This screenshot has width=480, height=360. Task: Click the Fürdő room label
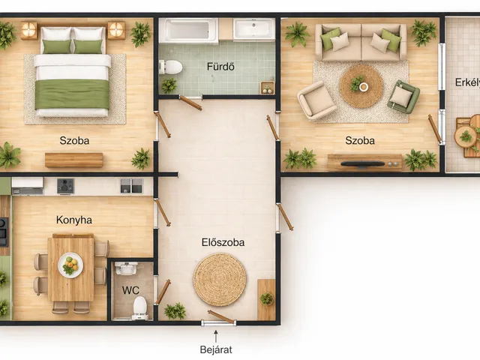pos(220,67)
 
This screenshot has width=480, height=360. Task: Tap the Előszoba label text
pos(223,242)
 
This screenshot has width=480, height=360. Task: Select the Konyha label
pos(74,220)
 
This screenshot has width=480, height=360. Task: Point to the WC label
pos(130,290)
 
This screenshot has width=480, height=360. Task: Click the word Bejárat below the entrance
pos(216,349)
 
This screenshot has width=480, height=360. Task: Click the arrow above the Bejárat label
pos(216,336)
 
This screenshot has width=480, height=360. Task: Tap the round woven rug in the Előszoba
pos(220,280)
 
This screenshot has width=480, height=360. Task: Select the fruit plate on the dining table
pos(70,265)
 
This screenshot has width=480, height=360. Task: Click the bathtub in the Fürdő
pos(188,30)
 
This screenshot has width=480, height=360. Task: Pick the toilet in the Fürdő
pos(170,67)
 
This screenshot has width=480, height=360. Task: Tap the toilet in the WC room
pos(140,307)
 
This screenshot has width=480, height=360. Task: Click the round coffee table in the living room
pos(361,86)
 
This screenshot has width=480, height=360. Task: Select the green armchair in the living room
pos(403,96)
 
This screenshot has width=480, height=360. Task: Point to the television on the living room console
pos(363,163)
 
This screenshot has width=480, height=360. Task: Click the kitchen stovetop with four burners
pos(65,186)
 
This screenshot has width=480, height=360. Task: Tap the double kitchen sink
pos(131,186)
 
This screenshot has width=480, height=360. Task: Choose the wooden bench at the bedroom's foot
pos(73,160)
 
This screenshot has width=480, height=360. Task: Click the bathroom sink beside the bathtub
pos(253,29)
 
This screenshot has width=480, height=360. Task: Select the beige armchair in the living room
pos(316,100)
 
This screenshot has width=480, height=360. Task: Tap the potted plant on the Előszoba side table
pos(267,298)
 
